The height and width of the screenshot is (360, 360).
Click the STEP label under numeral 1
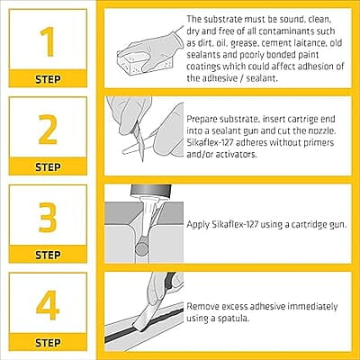(47, 78)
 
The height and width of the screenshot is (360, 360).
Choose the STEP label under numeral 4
(47, 342)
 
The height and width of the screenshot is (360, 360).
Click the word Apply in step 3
(197, 221)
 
